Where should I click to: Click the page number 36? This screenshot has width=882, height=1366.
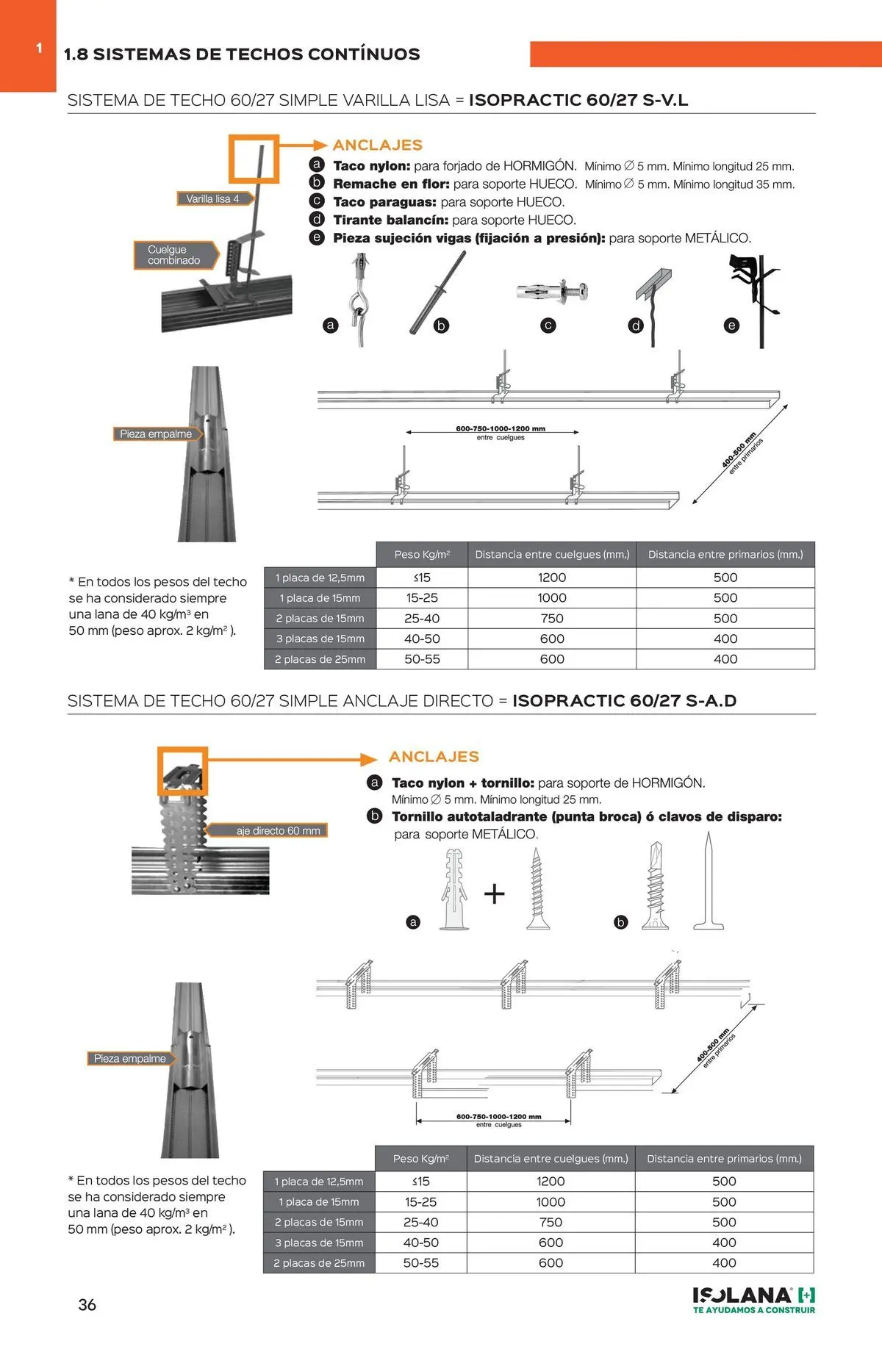(87, 1304)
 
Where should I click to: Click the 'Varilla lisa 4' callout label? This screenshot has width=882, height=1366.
(213, 198)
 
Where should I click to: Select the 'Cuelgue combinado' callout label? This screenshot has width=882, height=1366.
(174, 255)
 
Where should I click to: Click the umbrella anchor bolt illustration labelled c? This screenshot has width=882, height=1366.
(552, 292)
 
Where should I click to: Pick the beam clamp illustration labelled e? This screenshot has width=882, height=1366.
(753, 298)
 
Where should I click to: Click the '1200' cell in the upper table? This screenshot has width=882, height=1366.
(552, 578)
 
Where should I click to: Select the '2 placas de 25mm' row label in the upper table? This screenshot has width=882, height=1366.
(320, 659)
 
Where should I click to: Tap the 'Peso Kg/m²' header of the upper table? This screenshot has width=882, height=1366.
(422, 555)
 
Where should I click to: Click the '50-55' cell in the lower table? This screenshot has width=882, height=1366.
(421, 1262)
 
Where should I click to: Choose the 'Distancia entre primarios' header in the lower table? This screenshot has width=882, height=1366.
(724, 1158)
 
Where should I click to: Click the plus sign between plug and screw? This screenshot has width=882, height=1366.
(495, 894)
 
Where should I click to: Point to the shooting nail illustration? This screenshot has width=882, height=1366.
(709, 882)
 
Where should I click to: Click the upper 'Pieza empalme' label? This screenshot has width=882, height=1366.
(156, 434)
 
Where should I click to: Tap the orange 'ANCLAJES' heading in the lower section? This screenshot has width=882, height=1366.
(434, 757)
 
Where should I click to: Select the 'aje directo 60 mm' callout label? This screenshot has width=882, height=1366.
(278, 831)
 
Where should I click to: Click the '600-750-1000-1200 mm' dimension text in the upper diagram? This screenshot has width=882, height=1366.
(501, 428)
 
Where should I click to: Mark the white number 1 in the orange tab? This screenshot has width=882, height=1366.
(39, 48)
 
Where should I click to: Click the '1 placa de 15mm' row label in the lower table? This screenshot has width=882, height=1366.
(319, 1201)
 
